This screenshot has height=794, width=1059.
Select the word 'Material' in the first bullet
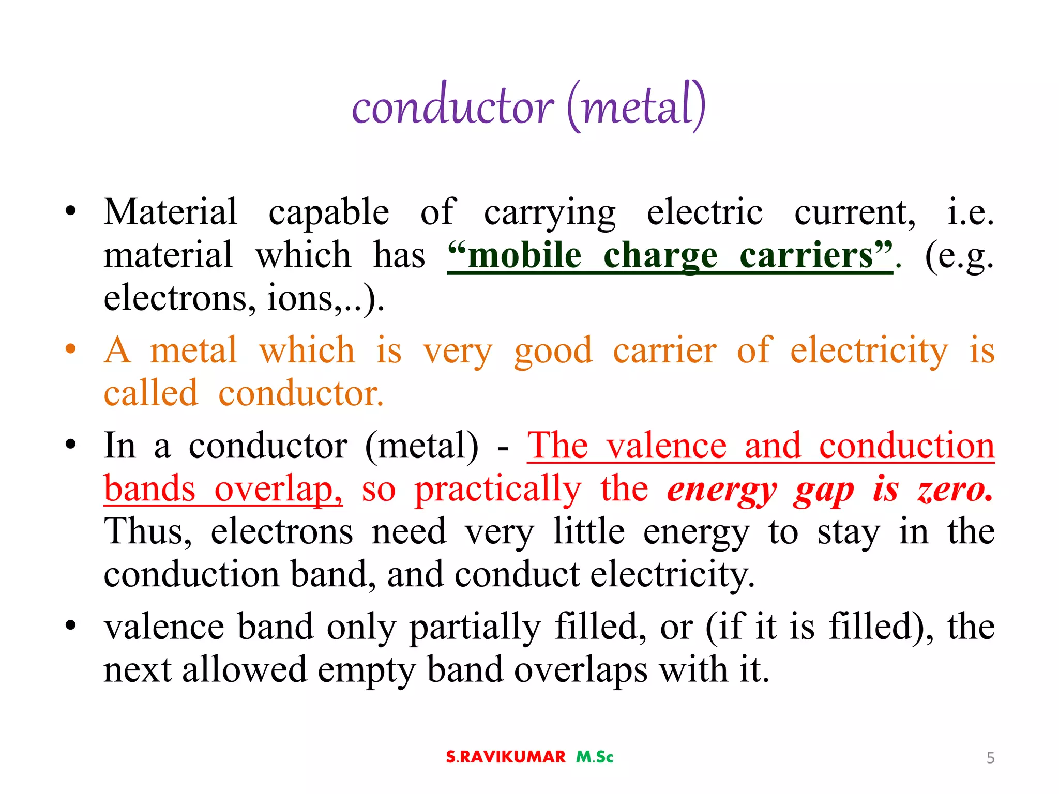pyautogui.click(x=170, y=212)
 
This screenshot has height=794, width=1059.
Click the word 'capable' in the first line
pyautogui.click(x=328, y=213)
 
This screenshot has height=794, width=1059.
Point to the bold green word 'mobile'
pyautogui.click(x=524, y=255)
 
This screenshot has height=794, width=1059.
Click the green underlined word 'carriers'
pyautogui.click(x=806, y=255)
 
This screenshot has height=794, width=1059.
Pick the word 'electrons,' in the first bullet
pyautogui.click(x=179, y=298)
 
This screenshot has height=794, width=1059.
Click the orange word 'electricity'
pyautogui.click(x=869, y=350)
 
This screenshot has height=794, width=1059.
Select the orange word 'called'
pyautogui.click(x=150, y=393)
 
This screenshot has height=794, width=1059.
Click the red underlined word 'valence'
pyautogui.click(x=667, y=446)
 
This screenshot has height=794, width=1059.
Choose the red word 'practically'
pyautogui.click(x=497, y=490)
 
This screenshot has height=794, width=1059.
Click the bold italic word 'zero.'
pyautogui.click(x=955, y=488)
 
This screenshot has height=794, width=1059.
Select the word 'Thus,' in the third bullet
pyautogui.click(x=147, y=531)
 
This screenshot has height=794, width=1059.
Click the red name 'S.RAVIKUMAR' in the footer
pyautogui.click(x=505, y=757)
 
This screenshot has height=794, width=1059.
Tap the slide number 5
pyautogui.click(x=990, y=758)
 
